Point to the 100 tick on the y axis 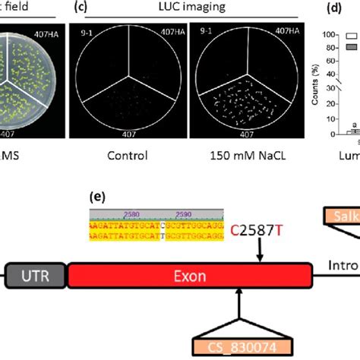pyautogui.click(x=329, y=35)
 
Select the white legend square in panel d pyautogui.click(x=352, y=35)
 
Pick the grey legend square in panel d pyautogui.click(x=352, y=47)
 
